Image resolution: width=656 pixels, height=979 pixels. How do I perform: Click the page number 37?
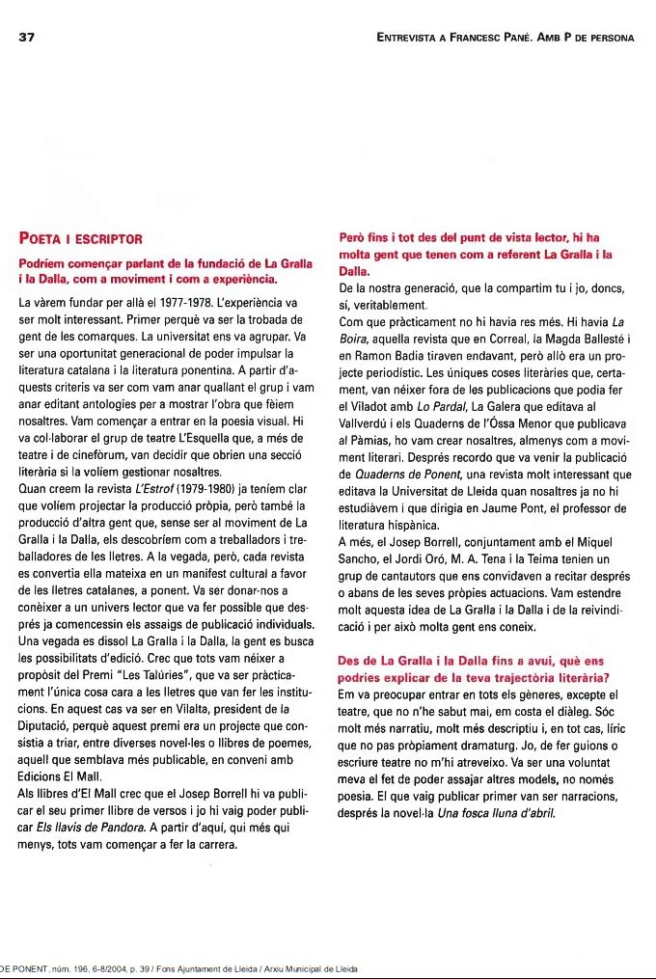pos(27,38)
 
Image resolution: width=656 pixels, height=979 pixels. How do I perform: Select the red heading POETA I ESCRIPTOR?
pos(80,238)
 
